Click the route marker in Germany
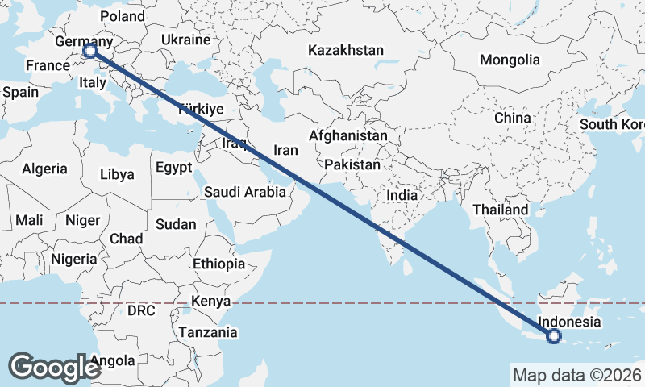[89, 51]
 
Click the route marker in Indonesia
[554, 336]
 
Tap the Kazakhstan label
[346, 50]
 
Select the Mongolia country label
[510, 60]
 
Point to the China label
[513, 118]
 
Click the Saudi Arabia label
[245, 192]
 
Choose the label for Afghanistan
[347, 136]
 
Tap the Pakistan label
[352, 164]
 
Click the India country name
[402, 195]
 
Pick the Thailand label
[500, 210]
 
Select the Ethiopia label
[218, 264]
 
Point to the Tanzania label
[208, 331]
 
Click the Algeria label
[44, 169]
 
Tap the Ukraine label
[186, 40]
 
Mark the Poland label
[121, 16]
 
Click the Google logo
[54, 367]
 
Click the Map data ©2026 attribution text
[576, 375]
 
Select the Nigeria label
[73, 259]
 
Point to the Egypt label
[173, 168]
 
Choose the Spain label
[20, 92]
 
